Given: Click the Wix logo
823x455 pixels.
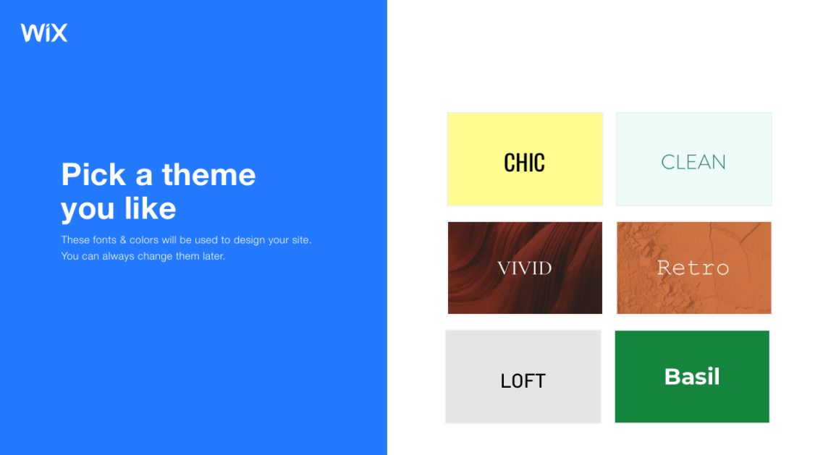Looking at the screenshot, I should (x=44, y=33).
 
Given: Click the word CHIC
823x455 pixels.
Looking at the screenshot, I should (x=524, y=163).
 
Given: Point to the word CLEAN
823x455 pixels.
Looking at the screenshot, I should (x=693, y=162).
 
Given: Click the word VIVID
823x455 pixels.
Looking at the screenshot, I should (x=525, y=268).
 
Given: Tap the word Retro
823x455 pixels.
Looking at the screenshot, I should (x=693, y=268).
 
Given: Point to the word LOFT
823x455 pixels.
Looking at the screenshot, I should (x=523, y=380).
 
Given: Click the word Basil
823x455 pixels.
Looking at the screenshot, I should (x=692, y=376).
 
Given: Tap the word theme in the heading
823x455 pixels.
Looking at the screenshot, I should (x=208, y=175).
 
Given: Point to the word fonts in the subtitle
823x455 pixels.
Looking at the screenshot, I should (x=105, y=239).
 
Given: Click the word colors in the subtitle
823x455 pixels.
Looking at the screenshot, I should (x=144, y=239).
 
